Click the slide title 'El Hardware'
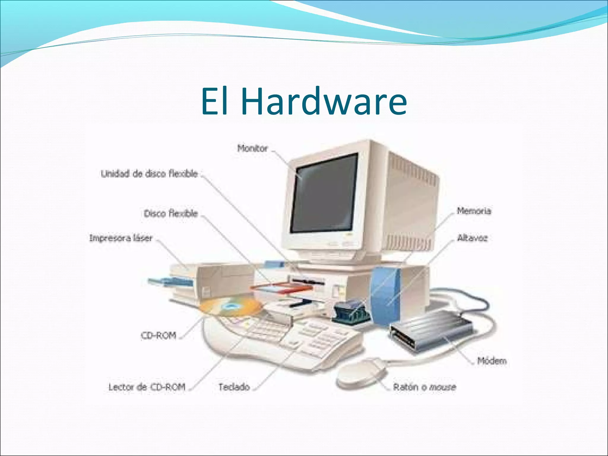304,101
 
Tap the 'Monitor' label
252,148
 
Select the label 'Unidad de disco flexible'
149,174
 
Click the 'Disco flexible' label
171,213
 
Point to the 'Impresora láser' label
121,238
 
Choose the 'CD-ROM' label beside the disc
159,335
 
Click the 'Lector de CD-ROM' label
147,387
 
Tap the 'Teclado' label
234,387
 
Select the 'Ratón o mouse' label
425,387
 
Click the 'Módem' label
492,361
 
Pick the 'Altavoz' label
472,238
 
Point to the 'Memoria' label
474,211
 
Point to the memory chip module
350,312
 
